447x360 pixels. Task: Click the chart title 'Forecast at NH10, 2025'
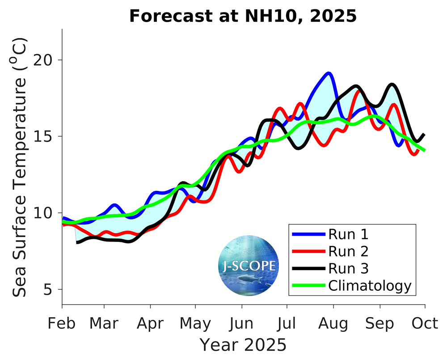[243, 17]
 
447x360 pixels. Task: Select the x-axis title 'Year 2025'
[242, 345]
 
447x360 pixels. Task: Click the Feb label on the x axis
[62, 323]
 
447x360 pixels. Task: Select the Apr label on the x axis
[150, 323]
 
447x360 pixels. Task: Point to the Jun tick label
[242, 323]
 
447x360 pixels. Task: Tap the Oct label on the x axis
[424, 323]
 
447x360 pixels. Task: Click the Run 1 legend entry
[348, 233]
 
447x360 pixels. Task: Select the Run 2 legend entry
[348, 250]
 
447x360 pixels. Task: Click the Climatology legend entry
[369, 285]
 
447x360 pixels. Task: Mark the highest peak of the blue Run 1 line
[329, 73]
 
